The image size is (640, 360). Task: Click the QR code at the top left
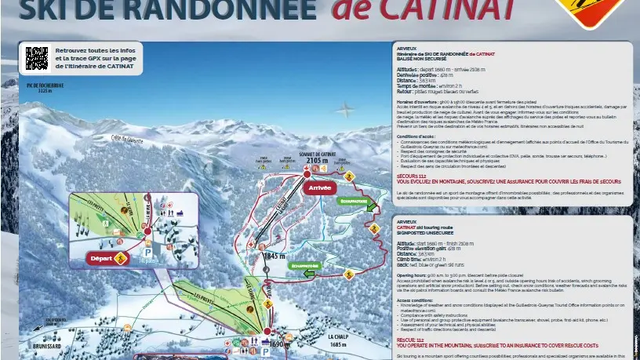click(37, 59)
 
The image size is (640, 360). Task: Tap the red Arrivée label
click(320, 188)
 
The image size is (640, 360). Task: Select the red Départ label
click(102, 257)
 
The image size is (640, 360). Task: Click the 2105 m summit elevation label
click(317, 161)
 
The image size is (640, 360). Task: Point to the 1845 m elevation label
click(273, 256)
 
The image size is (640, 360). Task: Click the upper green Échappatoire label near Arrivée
click(354, 202)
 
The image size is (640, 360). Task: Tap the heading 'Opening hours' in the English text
click(412, 275)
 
